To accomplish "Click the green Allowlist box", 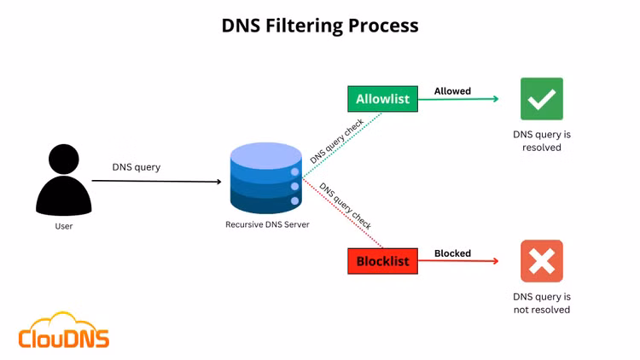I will pos(383,99).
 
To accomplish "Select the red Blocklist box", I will pos(383,261).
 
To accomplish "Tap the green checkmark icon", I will pos(542,99).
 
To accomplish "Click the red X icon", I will pos(542,261).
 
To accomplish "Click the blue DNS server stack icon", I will pos(265,180).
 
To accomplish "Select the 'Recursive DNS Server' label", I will pos(267,225).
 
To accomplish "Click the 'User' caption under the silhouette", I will pos(64,226).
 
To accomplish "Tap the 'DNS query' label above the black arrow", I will pos(137,167).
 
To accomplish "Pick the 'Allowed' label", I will pos(452,91).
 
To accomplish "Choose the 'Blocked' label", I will pos(452,253).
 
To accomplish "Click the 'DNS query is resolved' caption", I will pos(542,141).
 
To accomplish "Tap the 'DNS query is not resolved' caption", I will pos(542,303).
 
